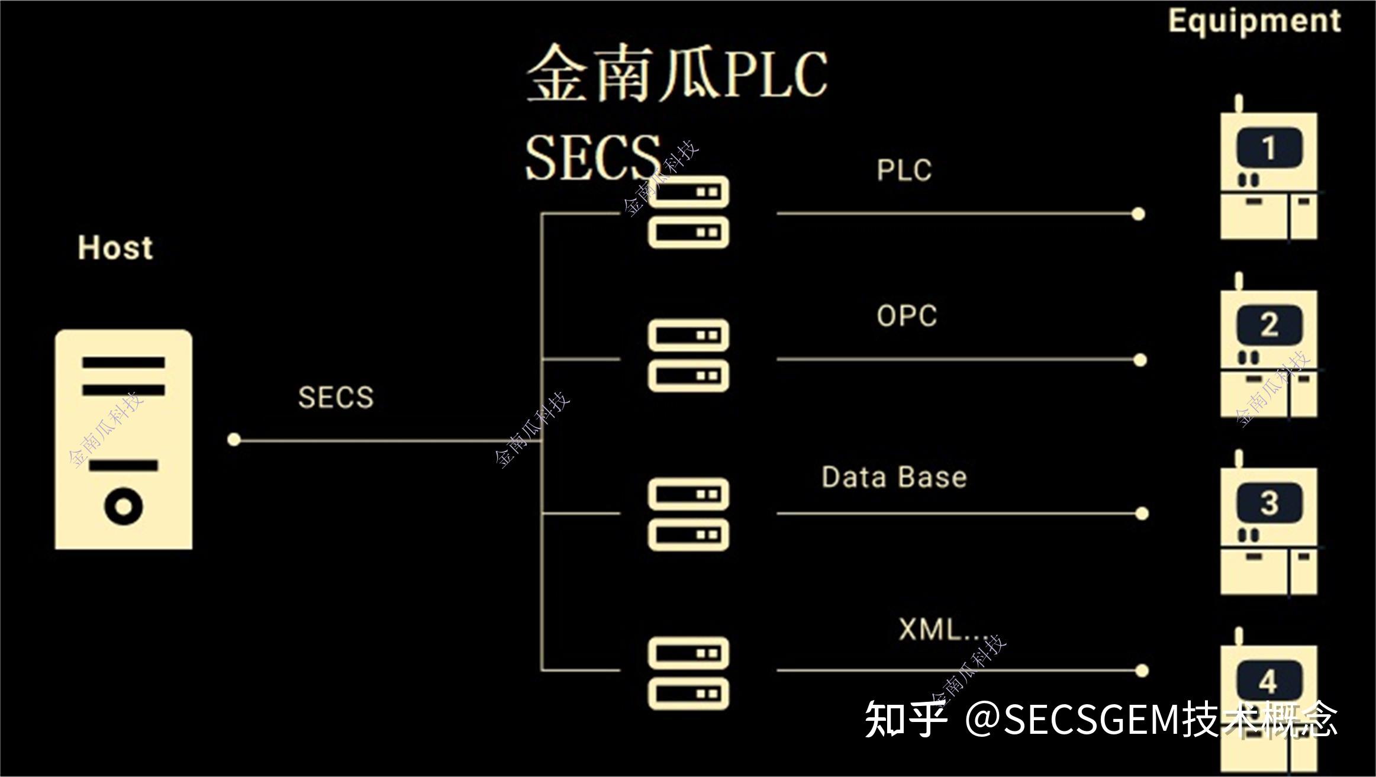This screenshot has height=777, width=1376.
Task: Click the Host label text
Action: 115,248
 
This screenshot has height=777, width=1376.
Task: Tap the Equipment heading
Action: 1253,21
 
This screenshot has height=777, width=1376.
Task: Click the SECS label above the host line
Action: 336,397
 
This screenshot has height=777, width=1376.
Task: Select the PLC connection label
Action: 904,170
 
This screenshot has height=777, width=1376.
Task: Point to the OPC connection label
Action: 907,316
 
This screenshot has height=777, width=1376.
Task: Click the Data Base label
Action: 894,477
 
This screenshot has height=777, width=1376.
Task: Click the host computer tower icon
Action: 124,439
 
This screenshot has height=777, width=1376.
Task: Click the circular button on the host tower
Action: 124,507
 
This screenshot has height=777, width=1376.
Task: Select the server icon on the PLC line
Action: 688,212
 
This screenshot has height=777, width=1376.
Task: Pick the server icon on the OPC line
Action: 688,356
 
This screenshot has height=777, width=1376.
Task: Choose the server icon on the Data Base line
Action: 688,514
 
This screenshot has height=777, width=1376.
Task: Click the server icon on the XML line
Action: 688,673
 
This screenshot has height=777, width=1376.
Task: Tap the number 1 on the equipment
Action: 1269,148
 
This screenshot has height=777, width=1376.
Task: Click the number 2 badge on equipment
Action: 1269,325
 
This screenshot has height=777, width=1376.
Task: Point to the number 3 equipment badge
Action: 1269,503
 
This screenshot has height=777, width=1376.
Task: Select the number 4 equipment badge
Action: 1269,681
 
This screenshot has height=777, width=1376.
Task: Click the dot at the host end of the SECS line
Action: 234,440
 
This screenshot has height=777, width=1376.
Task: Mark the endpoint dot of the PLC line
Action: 1137,214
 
